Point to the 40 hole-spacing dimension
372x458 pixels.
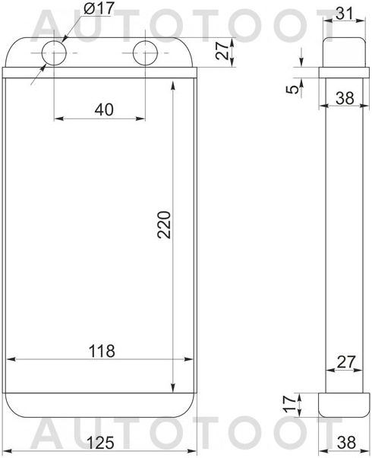(x=104, y=109)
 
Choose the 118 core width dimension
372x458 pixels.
(x=101, y=351)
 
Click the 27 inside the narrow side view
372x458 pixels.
(x=345, y=362)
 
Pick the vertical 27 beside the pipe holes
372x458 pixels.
(x=222, y=52)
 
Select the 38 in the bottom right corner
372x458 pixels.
(x=345, y=440)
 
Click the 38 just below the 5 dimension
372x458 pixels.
(x=345, y=97)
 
